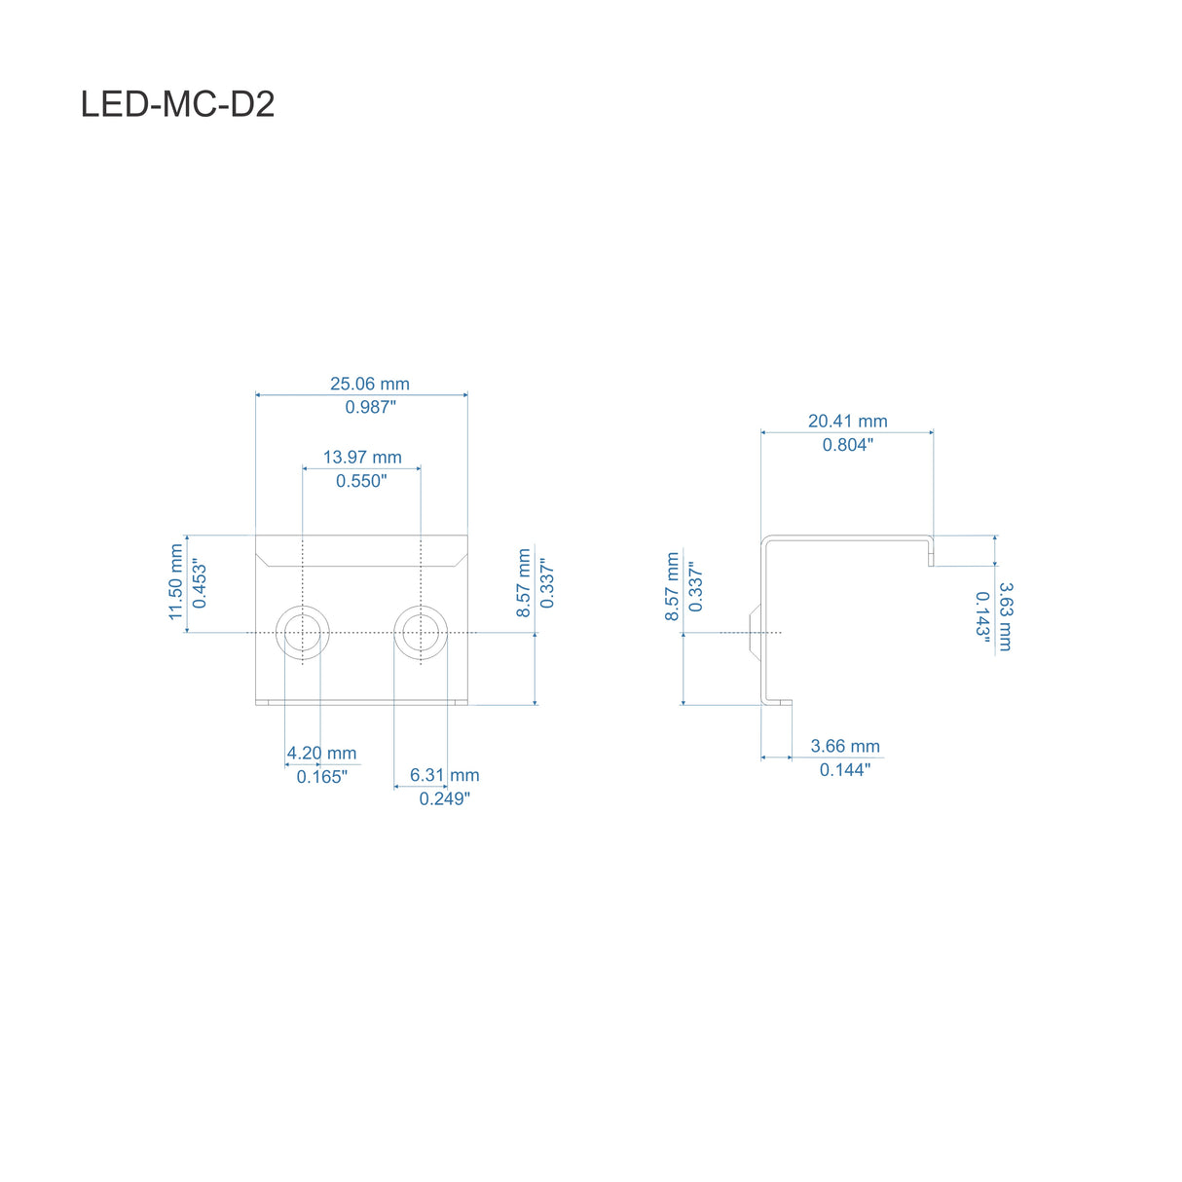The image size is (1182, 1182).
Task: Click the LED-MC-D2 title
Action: tap(177, 104)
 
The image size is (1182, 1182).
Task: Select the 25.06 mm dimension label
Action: tap(369, 384)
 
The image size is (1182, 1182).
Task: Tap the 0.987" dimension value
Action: tap(370, 407)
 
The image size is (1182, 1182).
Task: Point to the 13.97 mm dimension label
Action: tap(362, 457)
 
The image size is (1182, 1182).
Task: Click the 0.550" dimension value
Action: tap(361, 481)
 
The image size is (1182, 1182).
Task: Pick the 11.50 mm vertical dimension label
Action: tap(176, 582)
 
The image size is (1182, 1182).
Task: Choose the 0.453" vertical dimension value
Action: tap(200, 583)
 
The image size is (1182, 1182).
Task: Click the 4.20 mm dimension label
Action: tap(321, 753)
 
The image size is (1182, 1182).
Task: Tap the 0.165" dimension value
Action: tap(321, 777)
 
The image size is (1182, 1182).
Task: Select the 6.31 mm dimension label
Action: tap(444, 775)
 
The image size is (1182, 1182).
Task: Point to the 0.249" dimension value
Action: tap(444, 798)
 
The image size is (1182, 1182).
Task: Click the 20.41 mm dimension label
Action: tap(847, 421)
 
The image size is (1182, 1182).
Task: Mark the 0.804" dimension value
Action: tap(847, 445)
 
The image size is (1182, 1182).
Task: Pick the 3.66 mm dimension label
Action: tap(845, 746)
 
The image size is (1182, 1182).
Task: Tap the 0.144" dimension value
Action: tap(844, 770)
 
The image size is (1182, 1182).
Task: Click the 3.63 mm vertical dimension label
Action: tap(1006, 616)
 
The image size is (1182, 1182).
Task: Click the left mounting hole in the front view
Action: tap(303, 632)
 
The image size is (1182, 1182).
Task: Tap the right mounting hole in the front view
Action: tap(421, 632)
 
